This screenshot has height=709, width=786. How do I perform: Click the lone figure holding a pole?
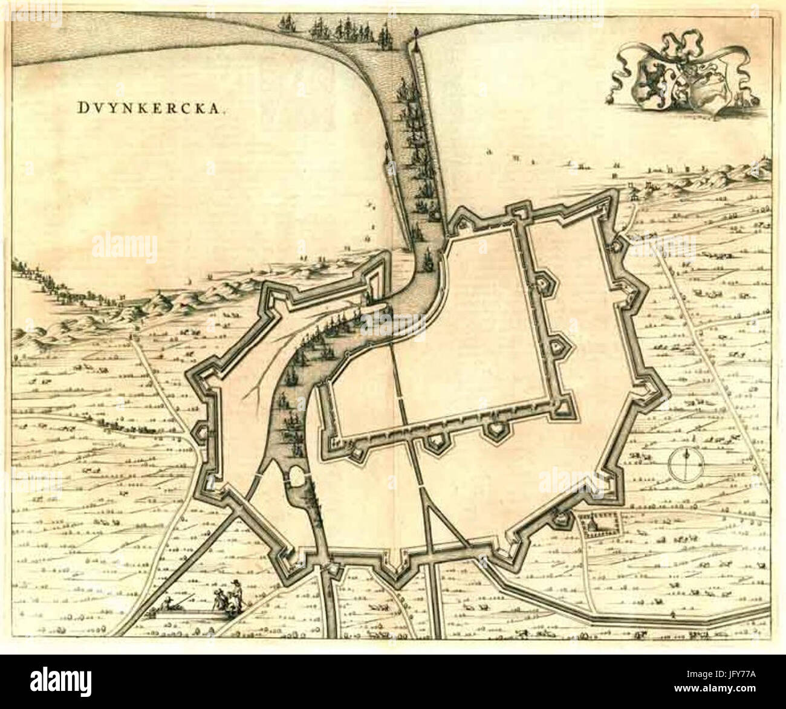[673, 615]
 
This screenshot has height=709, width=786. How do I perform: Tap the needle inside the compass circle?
[688, 464]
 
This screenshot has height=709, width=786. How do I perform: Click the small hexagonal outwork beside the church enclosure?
[563, 518]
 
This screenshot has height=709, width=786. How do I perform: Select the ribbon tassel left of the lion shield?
[609, 99]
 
